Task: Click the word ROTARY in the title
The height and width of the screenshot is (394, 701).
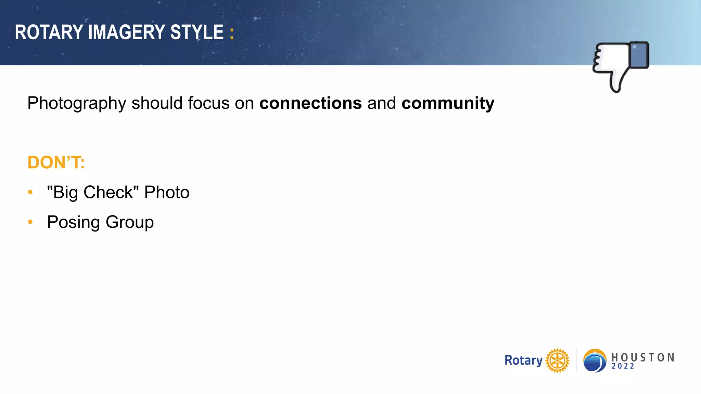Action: (49, 32)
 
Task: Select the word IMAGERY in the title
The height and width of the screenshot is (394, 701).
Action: (127, 32)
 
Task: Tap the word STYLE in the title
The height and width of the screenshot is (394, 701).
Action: (197, 32)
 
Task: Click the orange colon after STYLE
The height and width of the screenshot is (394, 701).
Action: (232, 34)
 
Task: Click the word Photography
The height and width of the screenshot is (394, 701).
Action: (77, 103)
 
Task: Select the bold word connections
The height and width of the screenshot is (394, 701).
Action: (310, 103)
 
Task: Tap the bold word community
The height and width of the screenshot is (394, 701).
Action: (448, 103)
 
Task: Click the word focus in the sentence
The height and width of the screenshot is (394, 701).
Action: (208, 103)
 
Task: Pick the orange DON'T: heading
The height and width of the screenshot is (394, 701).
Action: (56, 162)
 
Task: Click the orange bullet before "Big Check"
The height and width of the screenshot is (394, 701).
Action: (30, 192)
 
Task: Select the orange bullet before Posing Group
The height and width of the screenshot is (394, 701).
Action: (30, 222)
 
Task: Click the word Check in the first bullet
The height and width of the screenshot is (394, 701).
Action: (108, 192)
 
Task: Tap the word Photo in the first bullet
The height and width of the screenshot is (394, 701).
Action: (167, 192)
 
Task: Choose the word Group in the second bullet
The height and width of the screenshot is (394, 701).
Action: (130, 222)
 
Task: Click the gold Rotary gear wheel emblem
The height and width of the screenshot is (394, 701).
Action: (557, 360)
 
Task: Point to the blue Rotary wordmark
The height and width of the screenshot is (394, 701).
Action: (523, 360)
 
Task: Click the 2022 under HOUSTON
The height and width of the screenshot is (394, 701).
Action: (623, 366)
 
